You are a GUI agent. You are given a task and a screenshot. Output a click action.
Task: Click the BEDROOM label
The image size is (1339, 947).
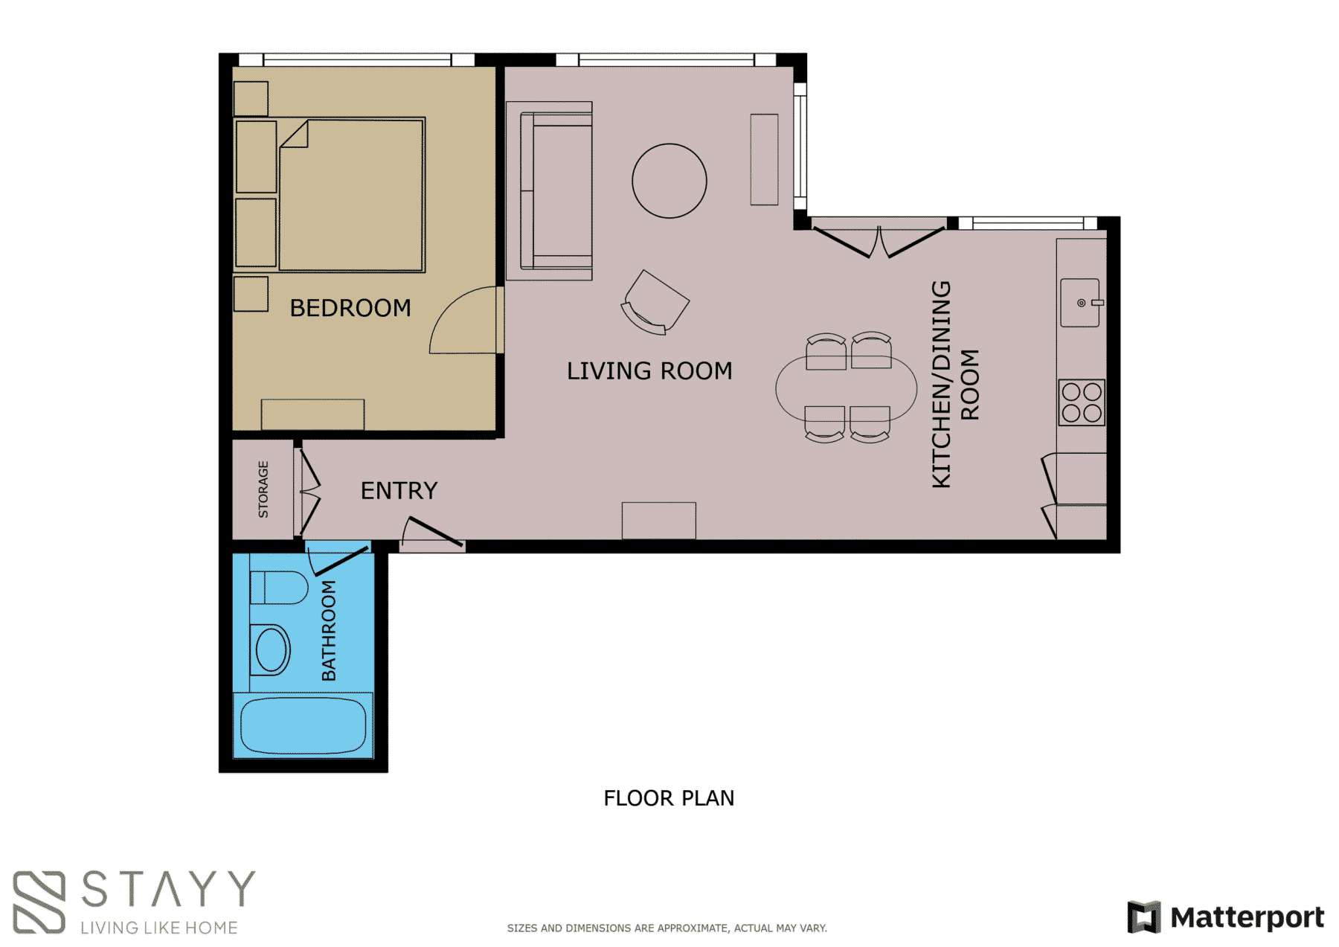pyautogui.click(x=350, y=308)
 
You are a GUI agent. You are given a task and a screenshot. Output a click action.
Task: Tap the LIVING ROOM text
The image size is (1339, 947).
pyautogui.click(x=649, y=370)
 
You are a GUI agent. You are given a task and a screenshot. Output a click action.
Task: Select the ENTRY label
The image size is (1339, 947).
pyautogui.click(x=399, y=491)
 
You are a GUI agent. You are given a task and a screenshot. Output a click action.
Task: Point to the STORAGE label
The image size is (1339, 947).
pyautogui.click(x=263, y=489)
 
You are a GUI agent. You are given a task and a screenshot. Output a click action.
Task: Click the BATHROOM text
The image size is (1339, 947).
pyautogui.click(x=328, y=630)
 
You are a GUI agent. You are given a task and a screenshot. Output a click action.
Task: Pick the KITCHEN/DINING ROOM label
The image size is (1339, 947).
pyautogui.click(x=955, y=384)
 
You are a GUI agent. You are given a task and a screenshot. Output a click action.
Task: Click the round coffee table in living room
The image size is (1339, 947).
pyautogui.click(x=669, y=181)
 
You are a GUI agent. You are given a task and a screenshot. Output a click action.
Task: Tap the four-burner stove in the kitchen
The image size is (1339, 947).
pyautogui.click(x=1082, y=402)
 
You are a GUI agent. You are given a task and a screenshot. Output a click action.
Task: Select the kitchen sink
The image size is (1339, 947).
pyautogui.click(x=1081, y=303)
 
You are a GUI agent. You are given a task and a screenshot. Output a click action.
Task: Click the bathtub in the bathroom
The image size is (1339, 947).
pyautogui.click(x=303, y=725)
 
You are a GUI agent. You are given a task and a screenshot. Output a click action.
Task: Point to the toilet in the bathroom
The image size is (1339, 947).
pyautogui.click(x=279, y=588)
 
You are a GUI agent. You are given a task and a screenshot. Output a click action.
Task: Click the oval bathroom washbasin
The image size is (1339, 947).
pyautogui.click(x=271, y=649)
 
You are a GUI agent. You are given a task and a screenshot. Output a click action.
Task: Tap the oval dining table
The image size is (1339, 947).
pyautogui.click(x=847, y=388)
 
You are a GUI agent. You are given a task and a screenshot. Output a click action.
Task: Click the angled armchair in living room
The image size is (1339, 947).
pyautogui.click(x=655, y=301)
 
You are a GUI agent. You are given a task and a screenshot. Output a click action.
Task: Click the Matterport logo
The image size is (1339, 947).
pyautogui.click(x=1226, y=916)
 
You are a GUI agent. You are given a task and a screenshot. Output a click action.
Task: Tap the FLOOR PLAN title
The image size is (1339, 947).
pyautogui.click(x=669, y=798)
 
